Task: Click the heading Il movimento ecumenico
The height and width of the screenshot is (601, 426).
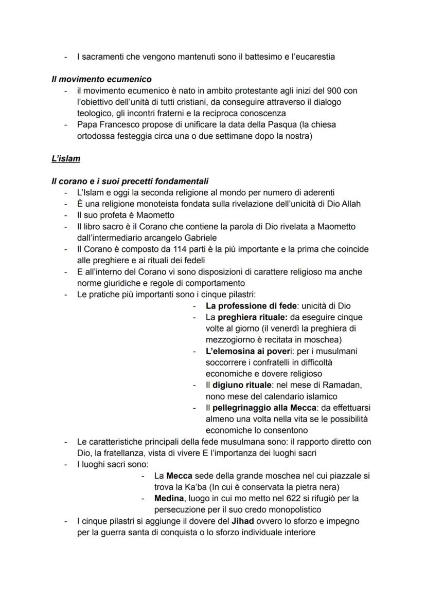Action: pos(101,79)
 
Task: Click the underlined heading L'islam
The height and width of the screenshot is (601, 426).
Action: pos(66,158)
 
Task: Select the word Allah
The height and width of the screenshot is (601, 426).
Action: pos(350,204)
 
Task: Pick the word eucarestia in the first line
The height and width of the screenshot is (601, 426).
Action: pos(313,57)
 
